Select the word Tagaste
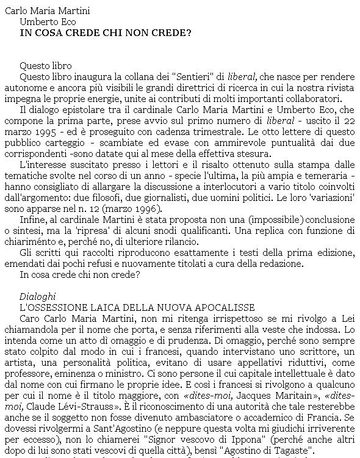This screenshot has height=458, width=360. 297,450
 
